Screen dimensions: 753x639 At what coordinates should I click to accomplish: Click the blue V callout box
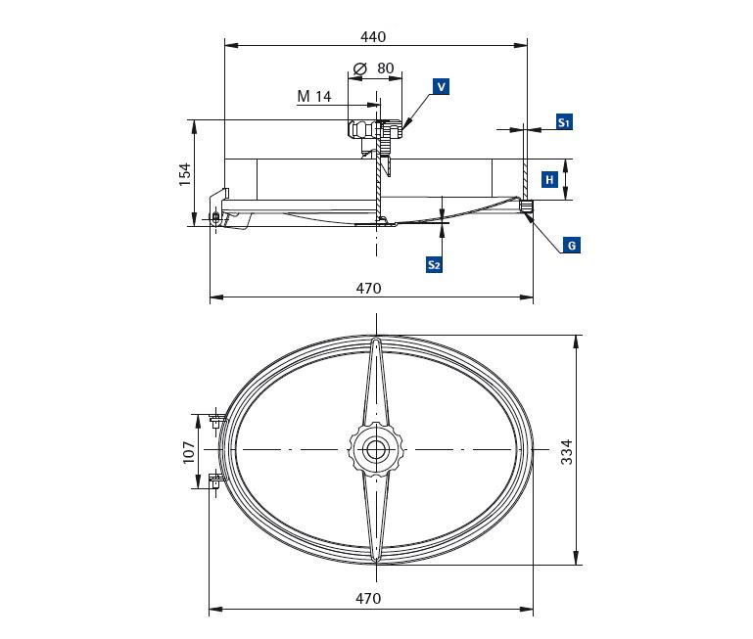coord(441,87)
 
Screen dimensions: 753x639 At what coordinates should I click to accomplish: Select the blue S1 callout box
coord(564,122)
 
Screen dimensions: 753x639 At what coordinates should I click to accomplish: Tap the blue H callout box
coord(549,179)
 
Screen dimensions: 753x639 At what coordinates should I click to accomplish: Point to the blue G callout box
coord(572,246)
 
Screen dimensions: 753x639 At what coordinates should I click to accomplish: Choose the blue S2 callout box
coord(434,264)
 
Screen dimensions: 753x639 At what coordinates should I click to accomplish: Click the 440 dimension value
coord(373,37)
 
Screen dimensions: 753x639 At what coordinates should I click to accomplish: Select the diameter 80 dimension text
coord(374,68)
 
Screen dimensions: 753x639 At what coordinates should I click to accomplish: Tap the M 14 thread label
coord(314,97)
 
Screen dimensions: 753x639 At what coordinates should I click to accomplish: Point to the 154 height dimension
coord(185,175)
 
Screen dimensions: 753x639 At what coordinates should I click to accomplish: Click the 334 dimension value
coord(567,452)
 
